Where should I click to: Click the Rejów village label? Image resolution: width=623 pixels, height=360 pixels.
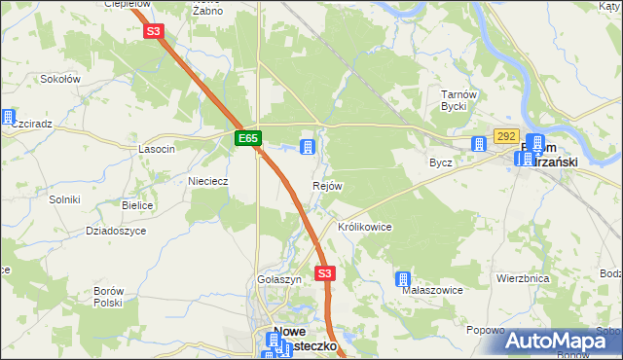327,186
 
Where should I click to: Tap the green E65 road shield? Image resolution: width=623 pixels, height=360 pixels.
248,139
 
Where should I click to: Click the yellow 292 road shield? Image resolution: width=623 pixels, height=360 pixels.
506,136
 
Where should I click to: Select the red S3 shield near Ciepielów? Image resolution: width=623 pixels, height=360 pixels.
154,31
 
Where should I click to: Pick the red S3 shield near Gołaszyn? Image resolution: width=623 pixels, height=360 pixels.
325,274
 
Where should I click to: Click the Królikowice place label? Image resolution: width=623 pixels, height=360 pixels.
364,227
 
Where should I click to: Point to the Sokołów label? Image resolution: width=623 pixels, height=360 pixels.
61,78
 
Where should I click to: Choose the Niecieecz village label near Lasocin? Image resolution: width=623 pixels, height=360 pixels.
207,181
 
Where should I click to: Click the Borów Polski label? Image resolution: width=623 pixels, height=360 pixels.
108,297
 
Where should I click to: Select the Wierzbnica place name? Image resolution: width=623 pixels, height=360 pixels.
523,278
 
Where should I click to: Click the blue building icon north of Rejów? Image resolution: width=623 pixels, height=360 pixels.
308,148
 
